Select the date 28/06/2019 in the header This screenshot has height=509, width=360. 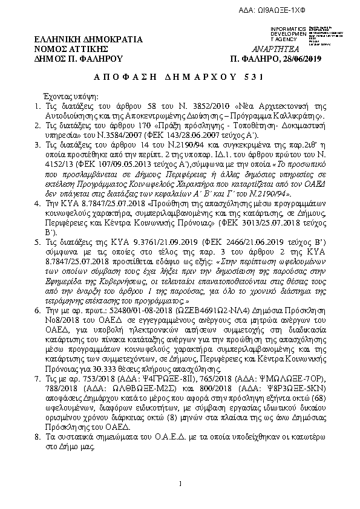pyautogui.click(x=299, y=58)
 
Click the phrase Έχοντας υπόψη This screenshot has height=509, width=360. pyautogui.click(x=67, y=97)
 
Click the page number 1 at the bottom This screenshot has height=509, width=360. pyautogui.click(x=180, y=484)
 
